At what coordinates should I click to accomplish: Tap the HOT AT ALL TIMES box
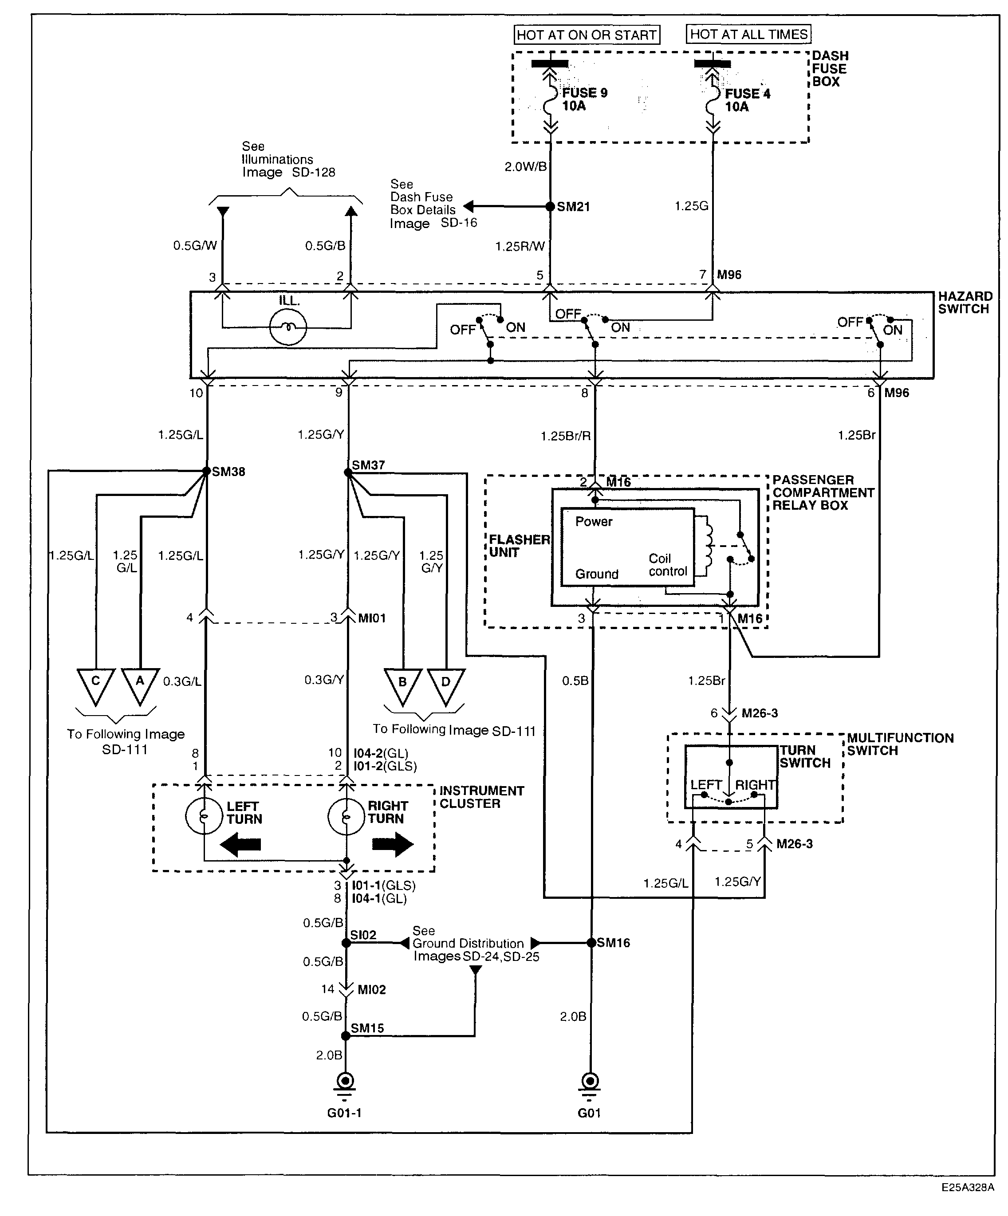click(x=748, y=34)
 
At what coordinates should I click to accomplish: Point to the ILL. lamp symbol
click(x=288, y=327)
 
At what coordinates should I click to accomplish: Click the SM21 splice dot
click(x=550, y=207)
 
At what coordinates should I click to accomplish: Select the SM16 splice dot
click(x=591, y=943)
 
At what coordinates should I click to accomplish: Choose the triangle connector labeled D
click(x=446, y=683)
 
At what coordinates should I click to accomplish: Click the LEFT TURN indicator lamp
click(x=204, y=816)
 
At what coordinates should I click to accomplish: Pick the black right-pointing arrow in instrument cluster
click(x=393, y=844)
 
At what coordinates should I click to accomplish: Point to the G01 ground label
click(x=589, y=1113)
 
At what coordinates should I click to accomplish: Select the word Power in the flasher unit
click(x=594, y=522)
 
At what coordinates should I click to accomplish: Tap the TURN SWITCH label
click(x=805, y=757)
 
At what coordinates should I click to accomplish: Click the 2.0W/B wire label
click(x=525, y=167)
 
